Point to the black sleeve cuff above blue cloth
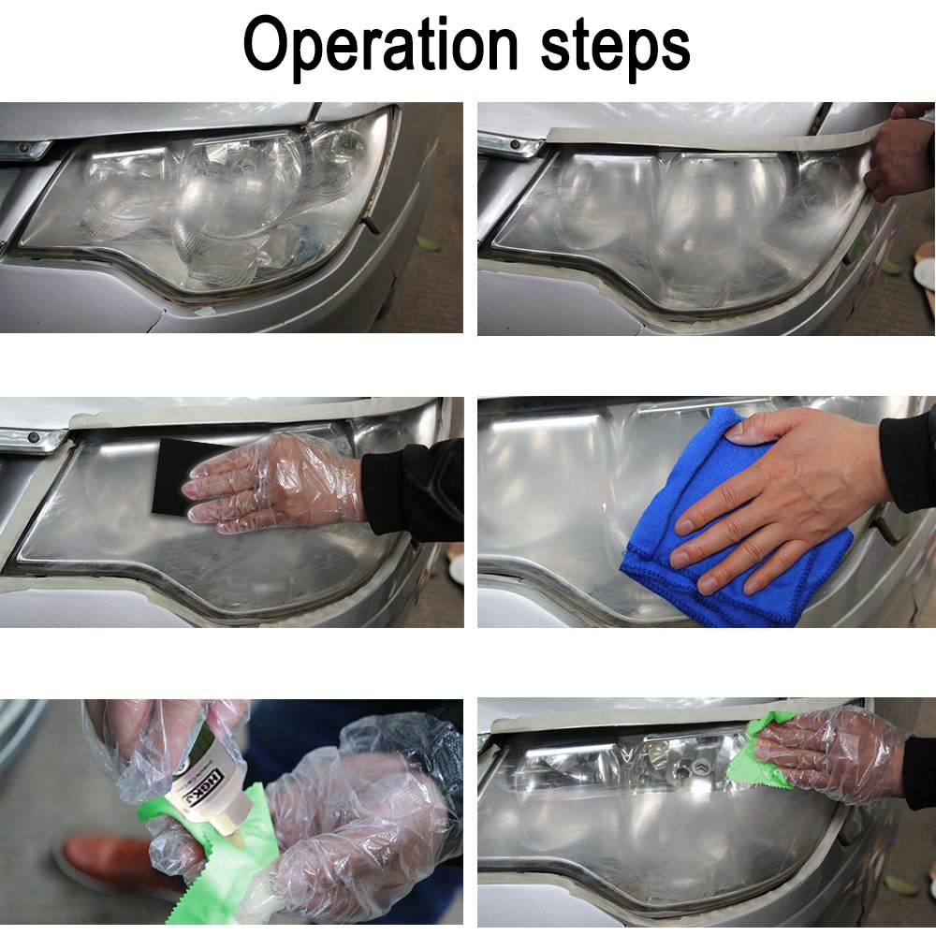(908, 459)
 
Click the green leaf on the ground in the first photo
(428, 244)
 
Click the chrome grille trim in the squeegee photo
(28, 439)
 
